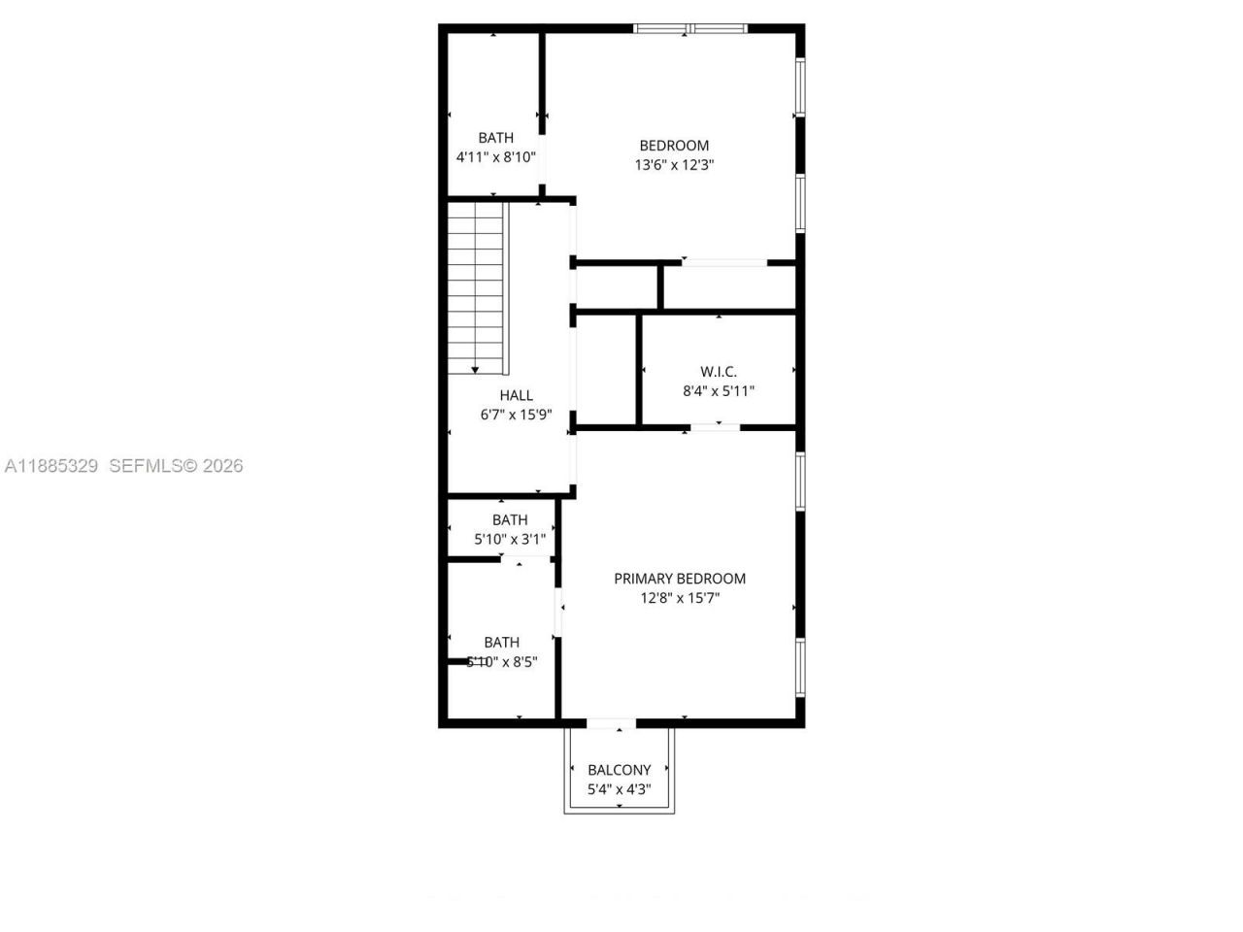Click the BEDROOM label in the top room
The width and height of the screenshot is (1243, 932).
point(674,146)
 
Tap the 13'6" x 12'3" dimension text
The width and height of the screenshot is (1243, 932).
point(674,165)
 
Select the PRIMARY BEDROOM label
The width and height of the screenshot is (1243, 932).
point(680,579)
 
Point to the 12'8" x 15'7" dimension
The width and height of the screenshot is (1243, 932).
point(680,598)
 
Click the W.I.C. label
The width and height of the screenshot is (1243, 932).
point(719,372)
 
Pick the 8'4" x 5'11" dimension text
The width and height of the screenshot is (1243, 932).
point(719,391)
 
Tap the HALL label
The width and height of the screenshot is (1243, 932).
point(517,395)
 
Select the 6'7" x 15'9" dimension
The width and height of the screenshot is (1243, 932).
point(517,415)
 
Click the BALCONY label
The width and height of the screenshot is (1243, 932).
point(620,770)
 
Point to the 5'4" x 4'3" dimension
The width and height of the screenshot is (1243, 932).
point(620,789)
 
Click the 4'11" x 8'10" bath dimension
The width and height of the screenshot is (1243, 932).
point(496,156)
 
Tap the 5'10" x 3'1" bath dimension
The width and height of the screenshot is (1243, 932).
point(510,539)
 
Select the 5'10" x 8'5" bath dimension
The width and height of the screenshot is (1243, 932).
point(502,661)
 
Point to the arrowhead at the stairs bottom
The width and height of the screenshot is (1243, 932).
point(475,370)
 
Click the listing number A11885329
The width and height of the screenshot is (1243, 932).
point(51,466)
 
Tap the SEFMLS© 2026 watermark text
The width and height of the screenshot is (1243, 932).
point(176,466)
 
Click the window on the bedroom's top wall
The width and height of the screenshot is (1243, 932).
point(690,29)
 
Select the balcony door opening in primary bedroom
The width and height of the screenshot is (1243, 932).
point(612,723)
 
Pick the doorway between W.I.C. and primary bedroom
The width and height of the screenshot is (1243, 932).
point(715,426)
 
